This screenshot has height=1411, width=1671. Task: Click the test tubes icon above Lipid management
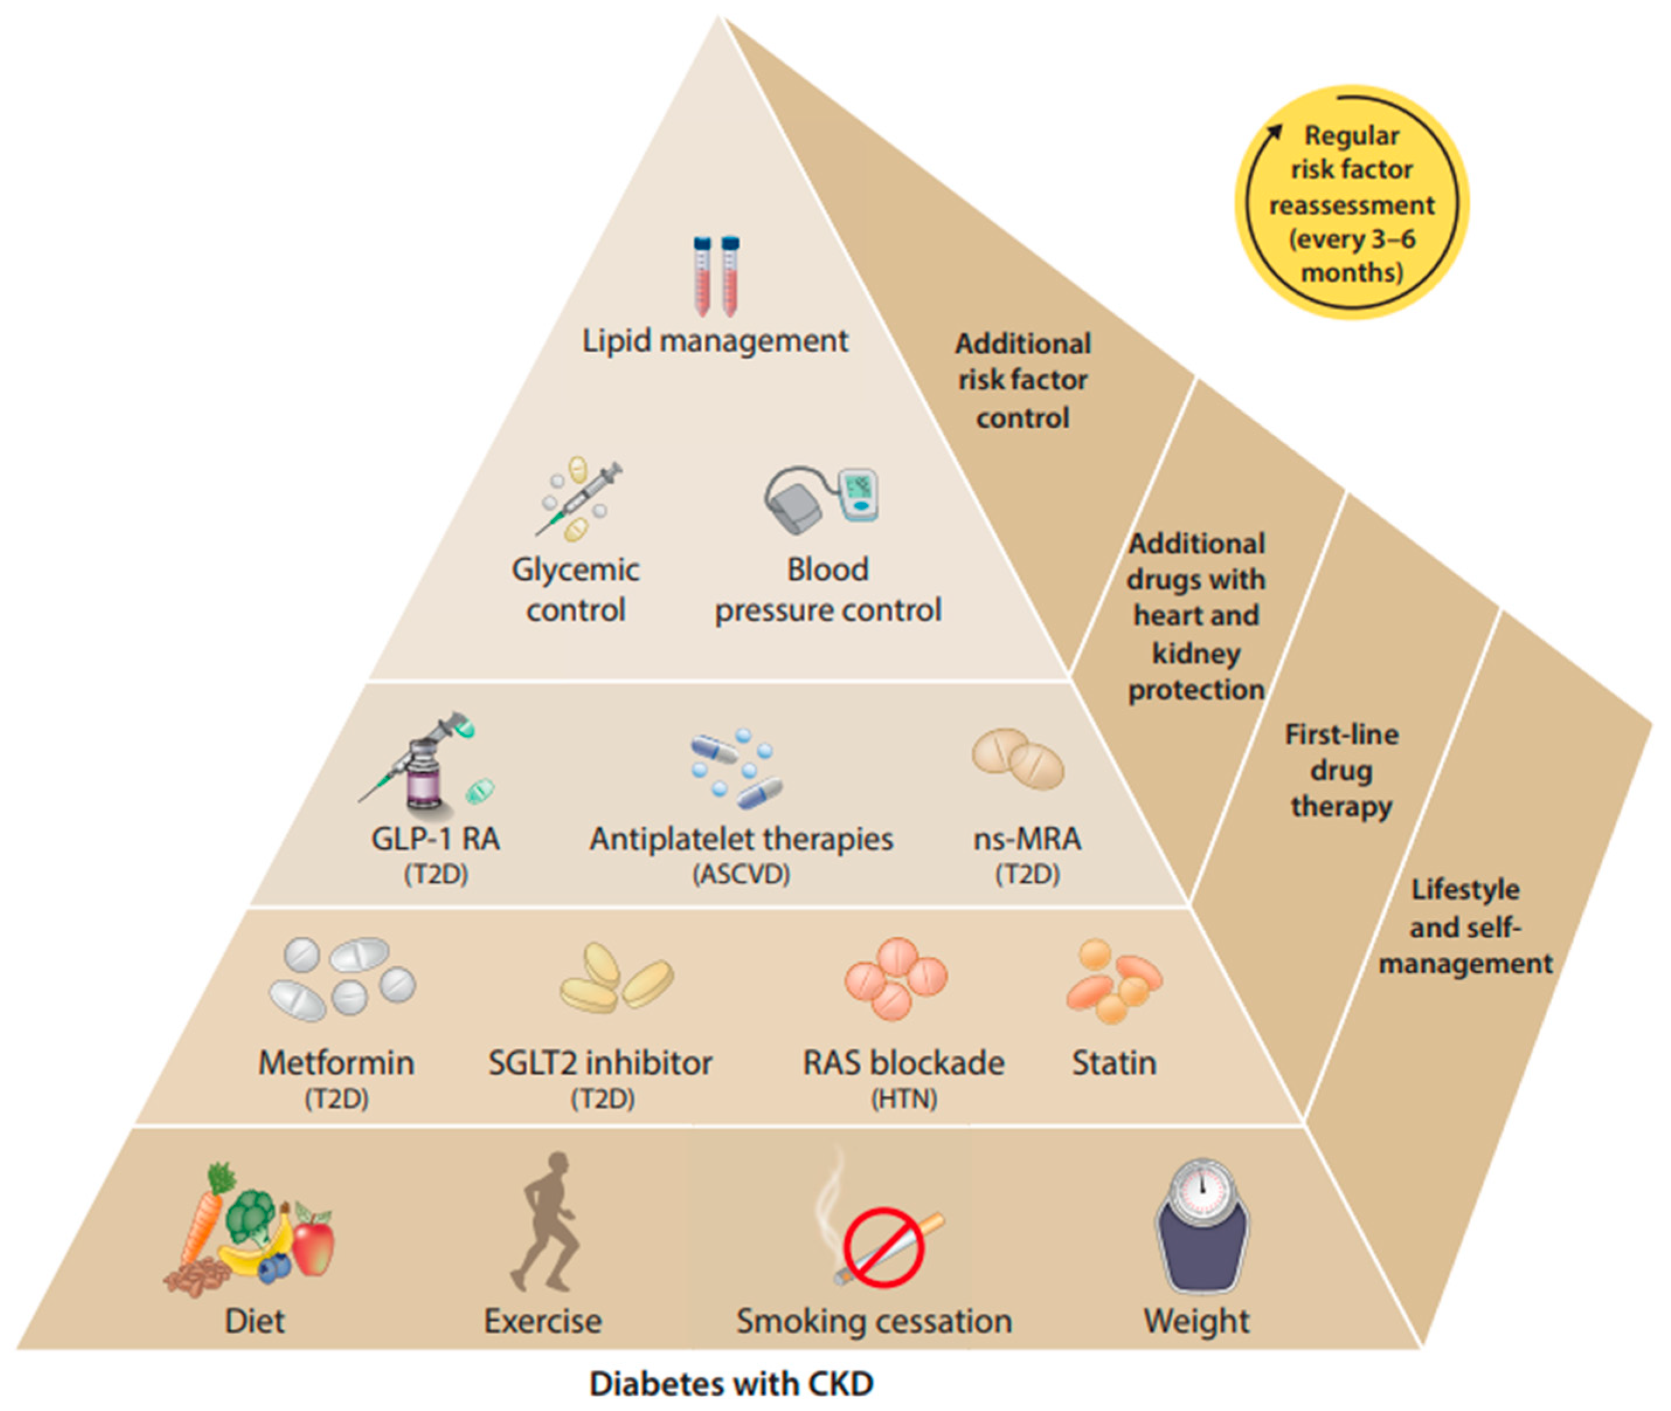[716, 276]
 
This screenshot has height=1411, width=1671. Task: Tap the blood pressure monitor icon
[821, 499]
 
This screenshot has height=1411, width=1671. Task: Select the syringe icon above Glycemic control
[580, 499]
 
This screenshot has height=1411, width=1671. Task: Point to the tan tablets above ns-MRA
[1018, 758]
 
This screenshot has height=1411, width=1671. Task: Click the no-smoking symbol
[883, 1248]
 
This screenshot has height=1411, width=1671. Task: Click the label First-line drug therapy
[1341, 770]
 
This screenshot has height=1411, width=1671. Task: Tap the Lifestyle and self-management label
[1465, 926]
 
